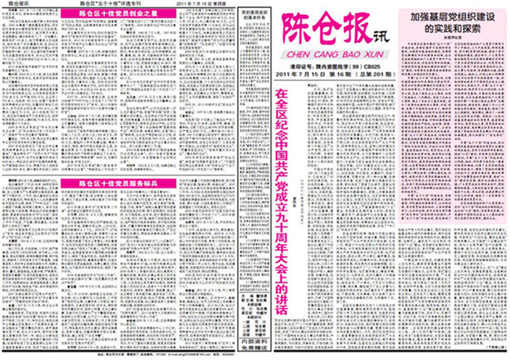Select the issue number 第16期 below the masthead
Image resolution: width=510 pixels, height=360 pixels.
coord(330,75)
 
